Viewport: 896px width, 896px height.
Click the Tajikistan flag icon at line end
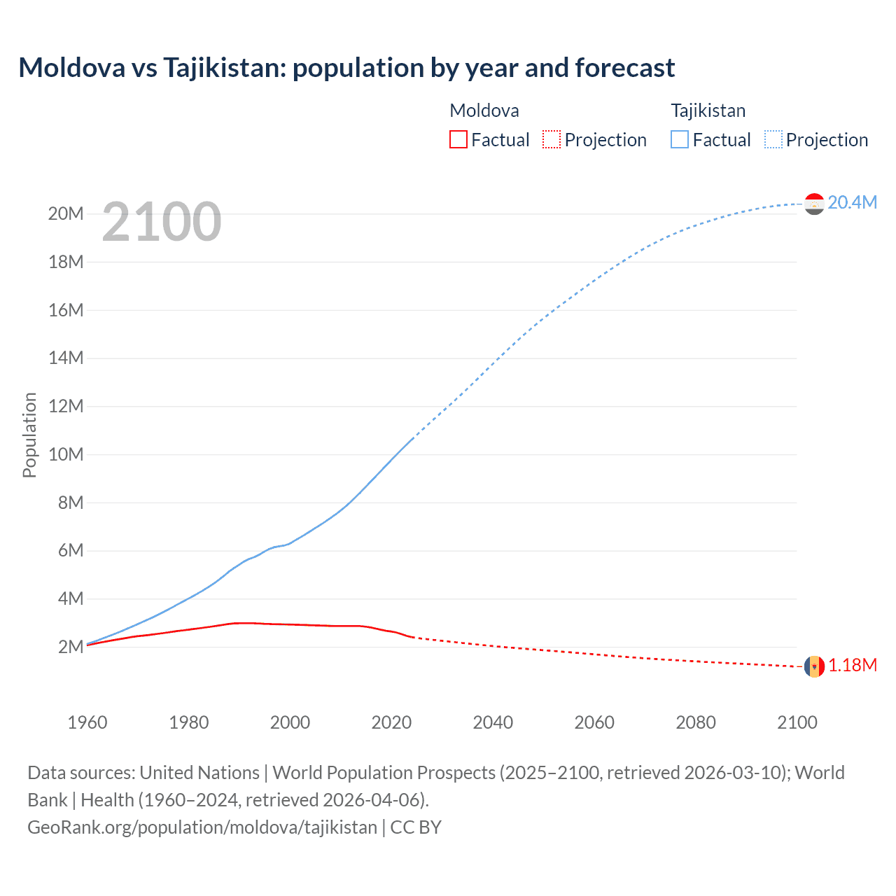pyautogui.click(x=814, y=204)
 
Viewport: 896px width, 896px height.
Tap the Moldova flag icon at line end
pyautogui.click(x=814, y=666)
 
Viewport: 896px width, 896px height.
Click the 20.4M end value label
pyautogui.click(x=852, y=202)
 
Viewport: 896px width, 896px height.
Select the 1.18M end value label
pyautogui.click(x=853, y=665)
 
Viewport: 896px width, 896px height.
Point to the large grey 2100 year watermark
pyautogui.click(x=162, y=222)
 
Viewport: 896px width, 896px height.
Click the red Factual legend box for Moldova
pyautogui.click(x=458, y=139)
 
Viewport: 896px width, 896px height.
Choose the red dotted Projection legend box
pyautogui.click(x=552, y=139)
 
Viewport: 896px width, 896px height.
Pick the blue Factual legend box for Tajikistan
pyautogui.click(x=680, y=139)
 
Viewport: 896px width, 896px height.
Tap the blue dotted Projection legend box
pyautogui.click(x=773, y=139)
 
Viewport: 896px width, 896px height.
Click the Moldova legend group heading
pyautogui.click(x=484, y=111)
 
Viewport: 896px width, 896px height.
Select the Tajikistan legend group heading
pyautogui.click(x=708, y=111)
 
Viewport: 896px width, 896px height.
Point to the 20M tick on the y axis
pyautogui.click(x=66, y=213)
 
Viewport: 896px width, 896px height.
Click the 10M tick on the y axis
pyautogui.click(x=66, y=454)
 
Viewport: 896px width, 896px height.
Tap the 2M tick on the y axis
pyautogui.click(x=71, y=647)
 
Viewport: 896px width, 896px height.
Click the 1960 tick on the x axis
pyautogui.click(x=87, y=722)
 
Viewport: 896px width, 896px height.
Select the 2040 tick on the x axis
pyautogui.click(x=493, y=722)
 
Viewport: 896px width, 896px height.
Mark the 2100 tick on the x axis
pyautogui.click(x=797, y=722)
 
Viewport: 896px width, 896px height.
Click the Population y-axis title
pyautogui.click(x=29, y=435)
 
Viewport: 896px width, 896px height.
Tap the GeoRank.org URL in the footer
pyautogui.click(x=202, y=827)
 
